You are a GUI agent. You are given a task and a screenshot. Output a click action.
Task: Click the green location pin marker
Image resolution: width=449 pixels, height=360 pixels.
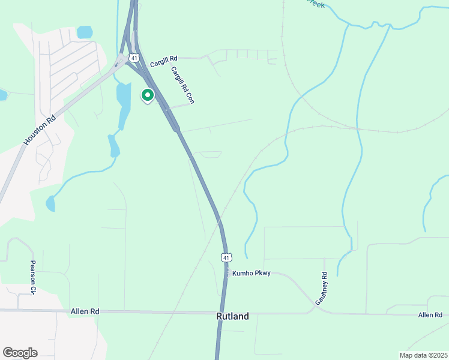[147, 95]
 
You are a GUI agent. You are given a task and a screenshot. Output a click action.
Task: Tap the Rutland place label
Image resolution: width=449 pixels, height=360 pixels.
[232, 316]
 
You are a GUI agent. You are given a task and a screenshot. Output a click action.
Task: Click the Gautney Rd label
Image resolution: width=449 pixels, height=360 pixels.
[324, 283]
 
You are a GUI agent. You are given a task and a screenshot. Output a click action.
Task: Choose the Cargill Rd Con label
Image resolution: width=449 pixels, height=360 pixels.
[182, 85]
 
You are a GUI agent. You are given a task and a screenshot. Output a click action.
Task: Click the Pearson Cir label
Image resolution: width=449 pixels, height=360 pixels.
[34, 277]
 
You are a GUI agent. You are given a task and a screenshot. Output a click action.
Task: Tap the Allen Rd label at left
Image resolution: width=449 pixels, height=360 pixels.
[84, 311]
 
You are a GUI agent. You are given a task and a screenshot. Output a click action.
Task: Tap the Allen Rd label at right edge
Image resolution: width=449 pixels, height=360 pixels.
[430, 315]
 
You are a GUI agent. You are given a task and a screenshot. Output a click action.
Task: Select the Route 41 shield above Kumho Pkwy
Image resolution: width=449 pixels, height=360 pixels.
[225, 257]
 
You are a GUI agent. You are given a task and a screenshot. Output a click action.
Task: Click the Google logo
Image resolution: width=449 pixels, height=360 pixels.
[20, 353]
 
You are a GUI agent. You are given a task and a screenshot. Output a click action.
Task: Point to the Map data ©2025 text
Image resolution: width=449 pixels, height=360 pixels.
[423, 355]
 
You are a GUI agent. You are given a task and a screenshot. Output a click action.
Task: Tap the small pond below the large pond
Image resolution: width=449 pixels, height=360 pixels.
[113, 145]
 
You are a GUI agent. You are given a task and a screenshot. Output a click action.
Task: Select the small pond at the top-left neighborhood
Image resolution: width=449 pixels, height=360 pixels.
[85, 32]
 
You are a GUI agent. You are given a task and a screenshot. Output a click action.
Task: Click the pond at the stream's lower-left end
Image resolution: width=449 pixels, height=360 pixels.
[50, 203]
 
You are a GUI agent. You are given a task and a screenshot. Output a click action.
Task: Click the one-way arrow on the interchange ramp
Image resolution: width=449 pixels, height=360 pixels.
[116, 64]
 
